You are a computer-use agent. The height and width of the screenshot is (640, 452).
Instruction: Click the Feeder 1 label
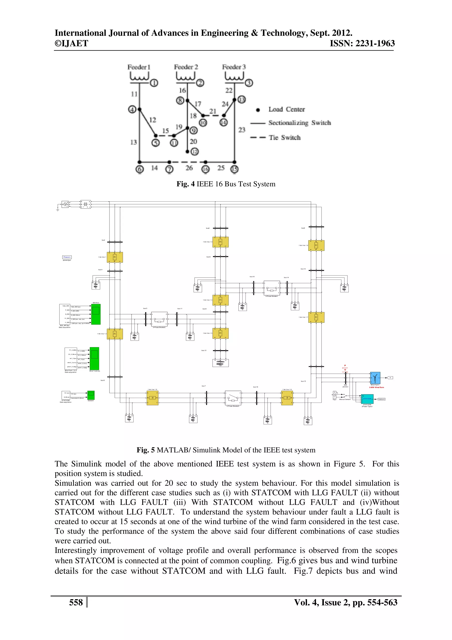139,67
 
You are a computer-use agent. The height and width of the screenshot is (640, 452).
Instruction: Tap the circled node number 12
194,152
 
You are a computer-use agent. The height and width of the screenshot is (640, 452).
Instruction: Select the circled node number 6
139,169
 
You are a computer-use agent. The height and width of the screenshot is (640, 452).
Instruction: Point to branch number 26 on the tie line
189,168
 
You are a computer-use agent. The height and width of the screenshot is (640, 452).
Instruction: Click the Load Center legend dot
258,110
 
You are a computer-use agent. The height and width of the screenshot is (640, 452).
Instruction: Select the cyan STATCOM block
367,399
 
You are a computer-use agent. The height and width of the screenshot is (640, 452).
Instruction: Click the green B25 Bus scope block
96,314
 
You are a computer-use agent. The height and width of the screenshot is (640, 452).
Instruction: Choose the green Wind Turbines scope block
94,358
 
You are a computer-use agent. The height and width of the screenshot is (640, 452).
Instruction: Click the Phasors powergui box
67,257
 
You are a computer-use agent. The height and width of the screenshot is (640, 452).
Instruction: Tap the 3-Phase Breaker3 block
233,398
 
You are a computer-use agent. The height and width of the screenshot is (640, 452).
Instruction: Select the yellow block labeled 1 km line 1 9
152,398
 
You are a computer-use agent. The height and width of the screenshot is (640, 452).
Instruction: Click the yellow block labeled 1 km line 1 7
316,317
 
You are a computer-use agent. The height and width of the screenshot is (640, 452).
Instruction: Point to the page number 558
76,602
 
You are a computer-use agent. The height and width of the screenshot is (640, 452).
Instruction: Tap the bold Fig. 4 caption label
185,184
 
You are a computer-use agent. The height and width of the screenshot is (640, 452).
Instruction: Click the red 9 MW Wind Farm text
377,387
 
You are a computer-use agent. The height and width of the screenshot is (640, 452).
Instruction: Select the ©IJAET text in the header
71,44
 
